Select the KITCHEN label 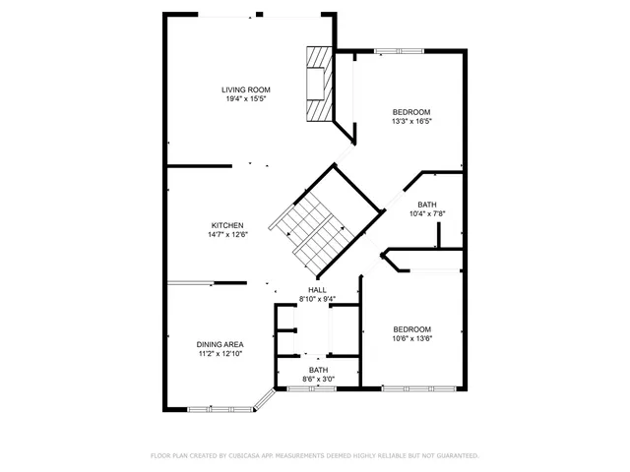pos(226,225)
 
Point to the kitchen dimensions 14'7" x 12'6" pos(226,235)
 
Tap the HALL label pos(317,290)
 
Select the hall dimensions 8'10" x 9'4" pos(317,299)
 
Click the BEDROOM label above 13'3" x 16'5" pos(411,112)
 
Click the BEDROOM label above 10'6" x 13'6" pos(412,328)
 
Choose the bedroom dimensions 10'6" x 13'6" pos(412,338)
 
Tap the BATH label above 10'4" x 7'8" pos(427,205)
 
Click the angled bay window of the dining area pos(264,399)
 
